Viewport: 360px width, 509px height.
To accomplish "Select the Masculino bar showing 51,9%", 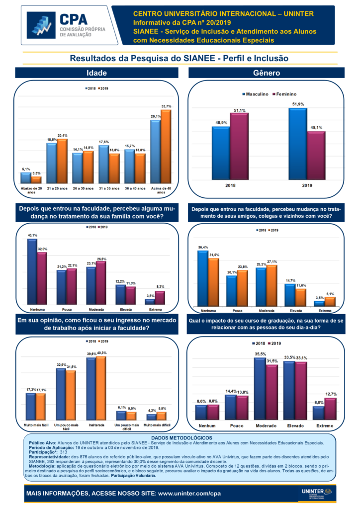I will pyautogui.click(x=297, y=144).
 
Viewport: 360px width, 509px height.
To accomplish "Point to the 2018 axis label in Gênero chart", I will pyautogui.click(x=230, y=185).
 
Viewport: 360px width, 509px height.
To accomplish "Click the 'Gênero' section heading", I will pyautogui.click(x=267, y=73).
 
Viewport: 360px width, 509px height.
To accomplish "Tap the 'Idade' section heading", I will pyautogui.click(x=97, y=73).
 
